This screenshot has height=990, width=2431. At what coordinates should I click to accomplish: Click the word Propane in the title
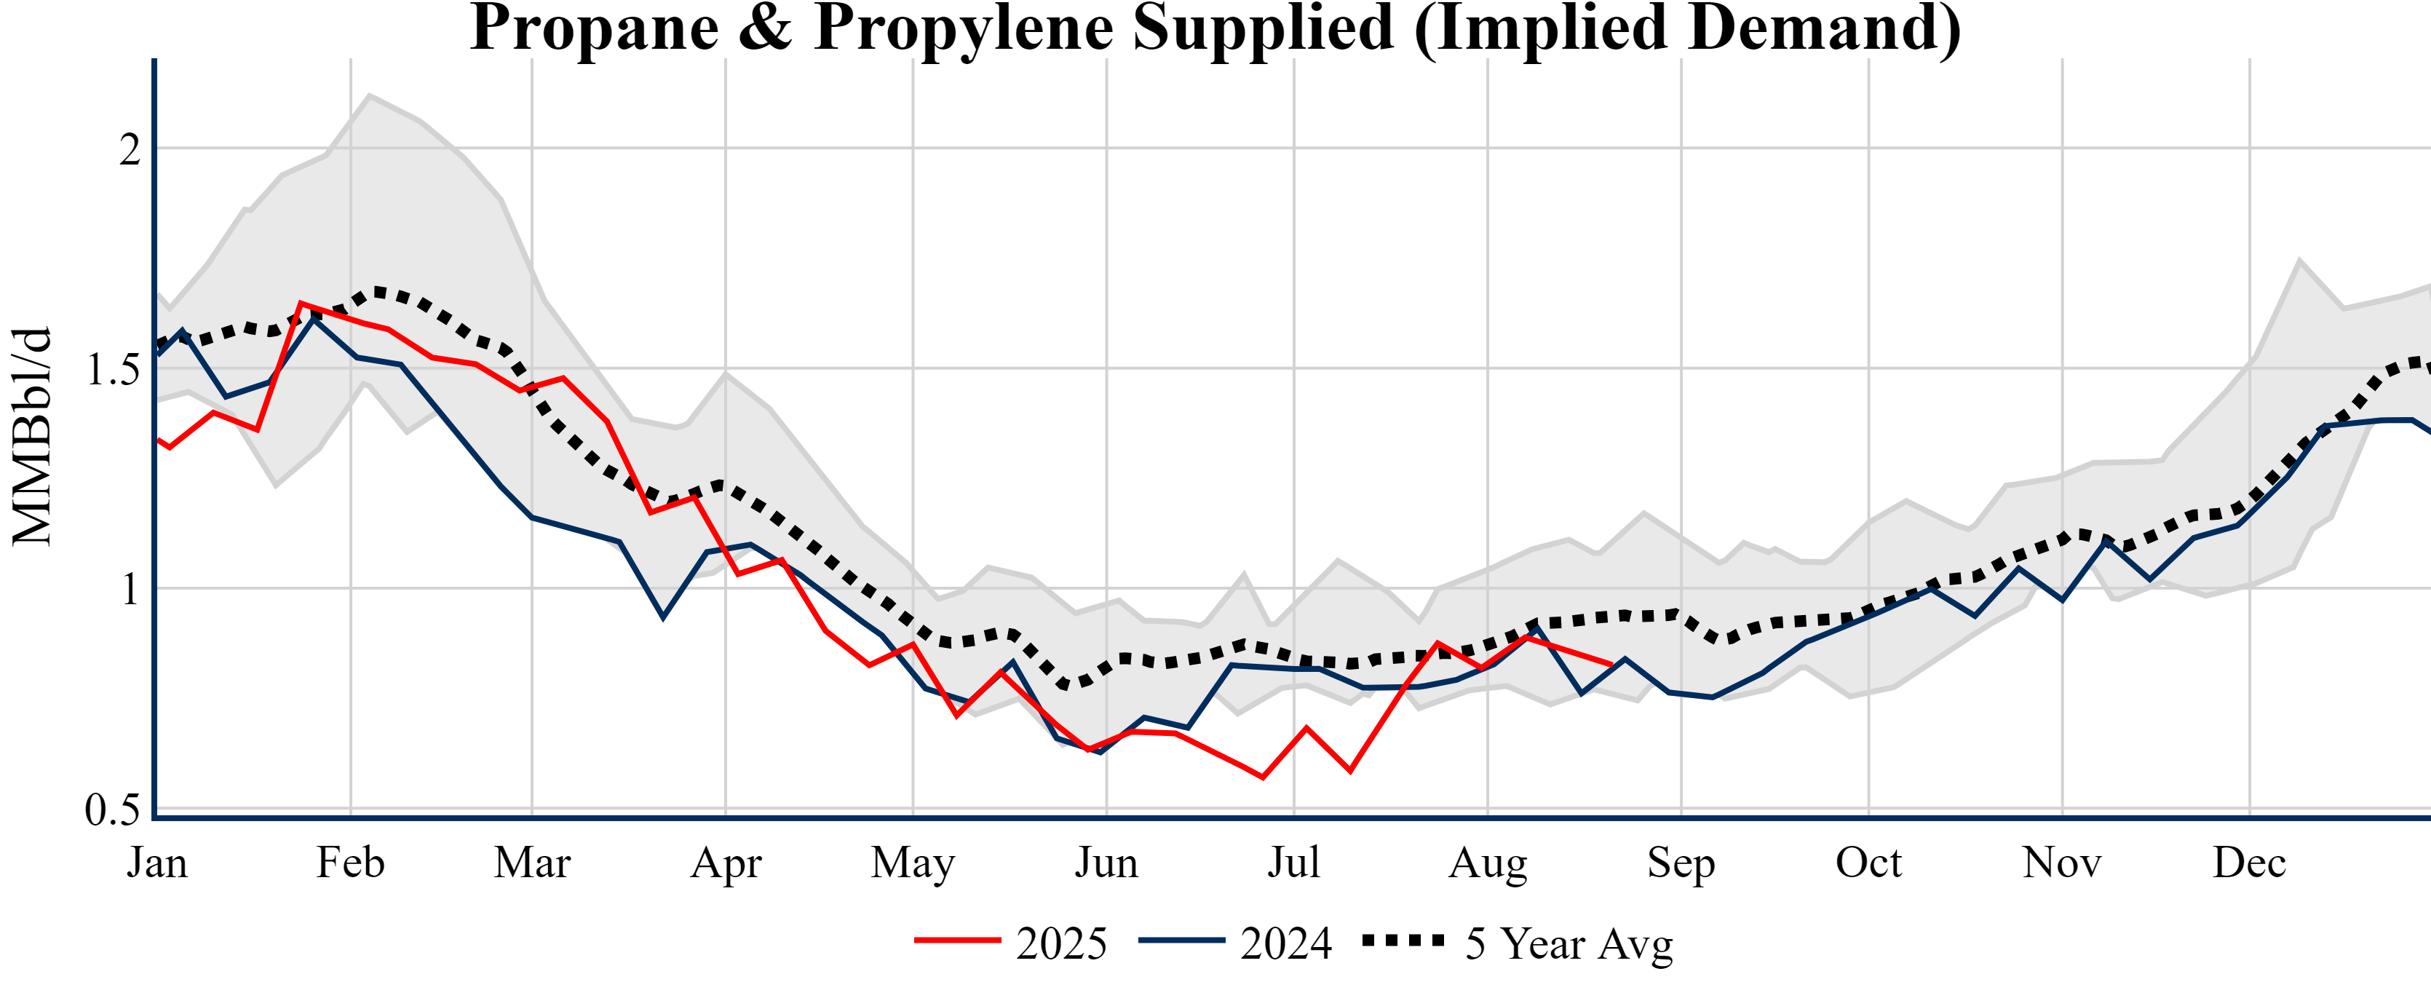(595, 28)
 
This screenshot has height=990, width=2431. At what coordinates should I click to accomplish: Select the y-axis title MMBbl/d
(31, 437)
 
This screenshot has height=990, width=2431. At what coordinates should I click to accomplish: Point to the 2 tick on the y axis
(130, 149)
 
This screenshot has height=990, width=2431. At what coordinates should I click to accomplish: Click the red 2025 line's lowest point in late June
(1263, 777)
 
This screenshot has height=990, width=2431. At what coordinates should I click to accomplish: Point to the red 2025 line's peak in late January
(300, 304)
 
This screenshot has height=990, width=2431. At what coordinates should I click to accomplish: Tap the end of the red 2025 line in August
(1612, 665)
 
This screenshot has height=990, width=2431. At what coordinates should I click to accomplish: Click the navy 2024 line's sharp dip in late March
(663, 617)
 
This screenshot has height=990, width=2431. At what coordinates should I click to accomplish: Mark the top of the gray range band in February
(370, 95)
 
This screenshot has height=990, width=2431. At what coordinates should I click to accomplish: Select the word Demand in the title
(1821, 28)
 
